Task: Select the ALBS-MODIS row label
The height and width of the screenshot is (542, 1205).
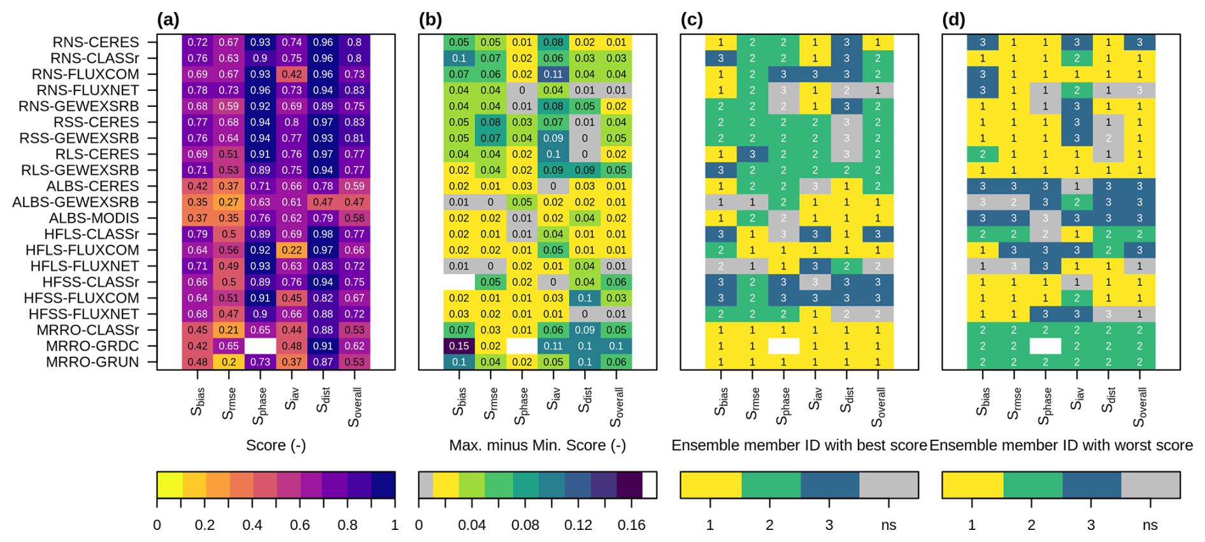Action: click(x=94, y=218)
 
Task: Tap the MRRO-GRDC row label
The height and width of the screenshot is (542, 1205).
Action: click(x=92, y=346)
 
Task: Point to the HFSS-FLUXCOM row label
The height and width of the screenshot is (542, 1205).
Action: click(x=81, y=298)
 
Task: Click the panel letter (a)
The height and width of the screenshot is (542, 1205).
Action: click(x=168, y=20)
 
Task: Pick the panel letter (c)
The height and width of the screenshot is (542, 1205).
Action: click(x=692, y=20)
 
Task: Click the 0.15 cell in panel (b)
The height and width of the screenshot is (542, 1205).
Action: click(x=459, y=346)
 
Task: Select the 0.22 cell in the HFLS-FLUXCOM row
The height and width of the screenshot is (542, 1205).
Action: click(x=292, y=250)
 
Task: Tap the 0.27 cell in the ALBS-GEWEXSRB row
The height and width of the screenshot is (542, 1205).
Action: click(x=229, y=202)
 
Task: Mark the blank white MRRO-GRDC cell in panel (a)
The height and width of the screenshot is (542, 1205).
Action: click(x=260, y=346)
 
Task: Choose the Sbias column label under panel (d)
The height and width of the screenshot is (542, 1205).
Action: click(x=983, y=401)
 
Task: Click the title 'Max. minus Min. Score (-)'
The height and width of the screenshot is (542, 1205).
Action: click(x=537, y=445)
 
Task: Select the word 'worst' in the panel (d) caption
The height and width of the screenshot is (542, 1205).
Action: click(x=1123, y=445)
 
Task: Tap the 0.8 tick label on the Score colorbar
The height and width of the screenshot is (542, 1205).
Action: click(x=348, y=525)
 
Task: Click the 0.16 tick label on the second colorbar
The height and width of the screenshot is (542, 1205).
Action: click(x=631, y=525)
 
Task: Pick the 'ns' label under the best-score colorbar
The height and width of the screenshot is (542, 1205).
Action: click(x=888, y=525)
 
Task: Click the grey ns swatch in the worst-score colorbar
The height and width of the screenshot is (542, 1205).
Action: click(x=1150, y=485)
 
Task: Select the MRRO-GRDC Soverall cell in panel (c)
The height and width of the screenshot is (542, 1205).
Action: click(x=878, y=346)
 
